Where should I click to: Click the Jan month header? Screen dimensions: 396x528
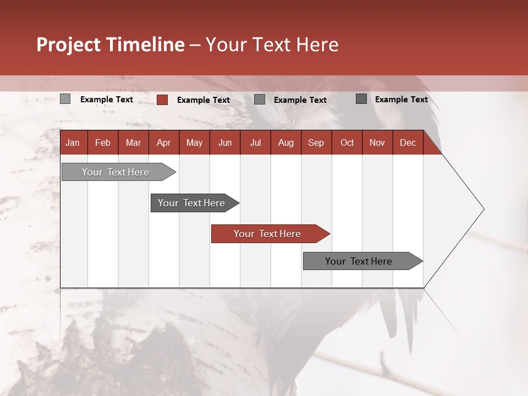tap(73, 142)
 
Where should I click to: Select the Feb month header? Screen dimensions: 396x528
tap(103, 142)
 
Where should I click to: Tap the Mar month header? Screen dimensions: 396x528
tap(133, 142)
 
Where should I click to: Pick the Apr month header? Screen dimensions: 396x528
tap(164, 142)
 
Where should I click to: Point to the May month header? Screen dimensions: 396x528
tap(194, 142)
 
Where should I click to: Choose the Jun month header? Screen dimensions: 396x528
tap(225, 142)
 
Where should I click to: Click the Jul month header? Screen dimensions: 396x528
tap(255, 142)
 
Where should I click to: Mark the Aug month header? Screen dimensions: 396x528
tap(285, 142)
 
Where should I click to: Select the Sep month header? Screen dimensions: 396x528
tap(316, 142)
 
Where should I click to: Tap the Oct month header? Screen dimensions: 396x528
tap(347, 142)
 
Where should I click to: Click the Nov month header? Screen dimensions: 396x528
tap(377, 142)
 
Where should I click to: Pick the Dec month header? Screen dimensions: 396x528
tap(408, 142)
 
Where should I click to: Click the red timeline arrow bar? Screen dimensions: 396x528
tap(269, 234)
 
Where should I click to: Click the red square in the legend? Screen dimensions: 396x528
tap(162, 100)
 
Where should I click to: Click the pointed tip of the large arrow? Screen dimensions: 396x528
tap(482, 209)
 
